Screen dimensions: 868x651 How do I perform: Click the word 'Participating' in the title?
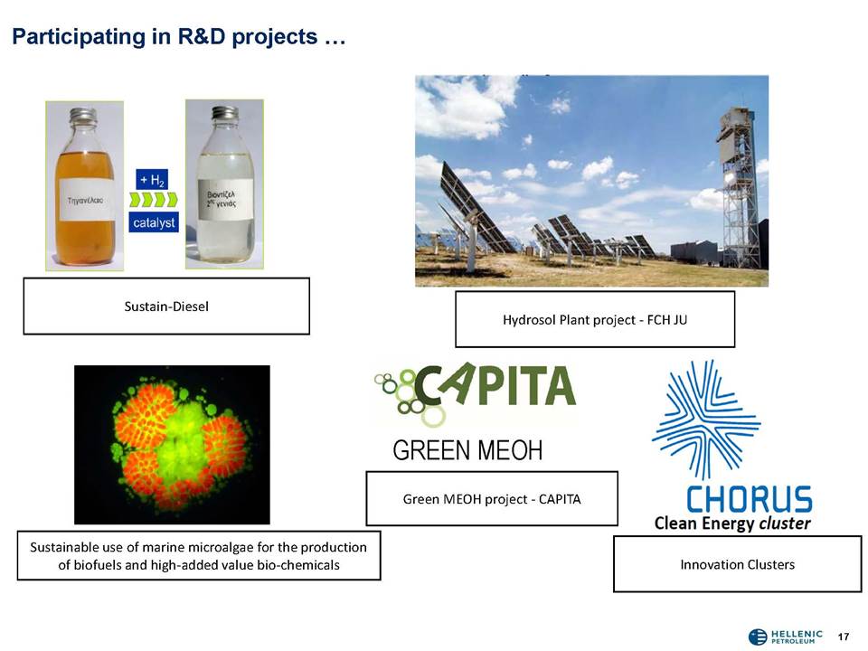coord(78,37)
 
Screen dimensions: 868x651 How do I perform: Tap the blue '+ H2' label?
coord(152,180)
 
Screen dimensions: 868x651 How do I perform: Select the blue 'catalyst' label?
coord(154,222)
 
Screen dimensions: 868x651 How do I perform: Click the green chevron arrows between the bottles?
coord(154,199)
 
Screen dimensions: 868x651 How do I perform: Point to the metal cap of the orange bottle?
coord(83,115)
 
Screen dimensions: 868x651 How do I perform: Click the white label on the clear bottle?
coord(225,200)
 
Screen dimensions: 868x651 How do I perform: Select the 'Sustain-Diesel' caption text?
coord(166,307)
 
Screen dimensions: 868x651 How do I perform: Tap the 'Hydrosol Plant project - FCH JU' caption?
coord(595,320)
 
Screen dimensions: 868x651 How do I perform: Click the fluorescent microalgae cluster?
coord(180,443)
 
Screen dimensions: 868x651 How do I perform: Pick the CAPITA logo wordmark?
coord(495,386)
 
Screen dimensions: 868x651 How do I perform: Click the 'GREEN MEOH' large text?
coord(467,450)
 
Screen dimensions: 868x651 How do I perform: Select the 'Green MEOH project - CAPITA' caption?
coord(492,499)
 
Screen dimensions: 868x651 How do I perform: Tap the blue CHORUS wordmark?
coord(749,499)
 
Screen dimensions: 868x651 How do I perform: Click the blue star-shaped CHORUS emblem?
coord(706,420)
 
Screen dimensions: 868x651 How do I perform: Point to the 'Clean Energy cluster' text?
coord(731,524)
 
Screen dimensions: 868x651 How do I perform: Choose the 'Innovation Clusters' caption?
coord(738,564)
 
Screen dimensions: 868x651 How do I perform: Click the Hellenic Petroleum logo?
coord(786,637)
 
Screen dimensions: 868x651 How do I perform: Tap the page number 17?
coord(843,637)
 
